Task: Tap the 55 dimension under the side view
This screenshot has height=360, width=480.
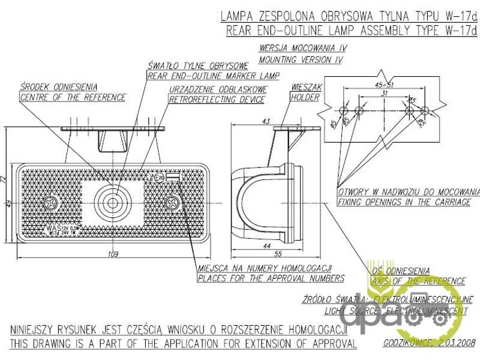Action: [x=277, y=255]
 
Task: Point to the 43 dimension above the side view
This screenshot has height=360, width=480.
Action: [x=266, y=121]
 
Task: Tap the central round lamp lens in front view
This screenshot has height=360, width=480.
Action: [x=113, y=202]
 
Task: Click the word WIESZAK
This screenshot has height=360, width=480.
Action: [x=305, y=87]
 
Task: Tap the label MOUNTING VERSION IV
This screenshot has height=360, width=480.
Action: [x=301, y=60]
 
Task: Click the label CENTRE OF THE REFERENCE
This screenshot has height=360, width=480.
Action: [x=73, y=97]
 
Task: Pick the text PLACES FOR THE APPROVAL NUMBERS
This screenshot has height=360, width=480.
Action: [x=271, y=278]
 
